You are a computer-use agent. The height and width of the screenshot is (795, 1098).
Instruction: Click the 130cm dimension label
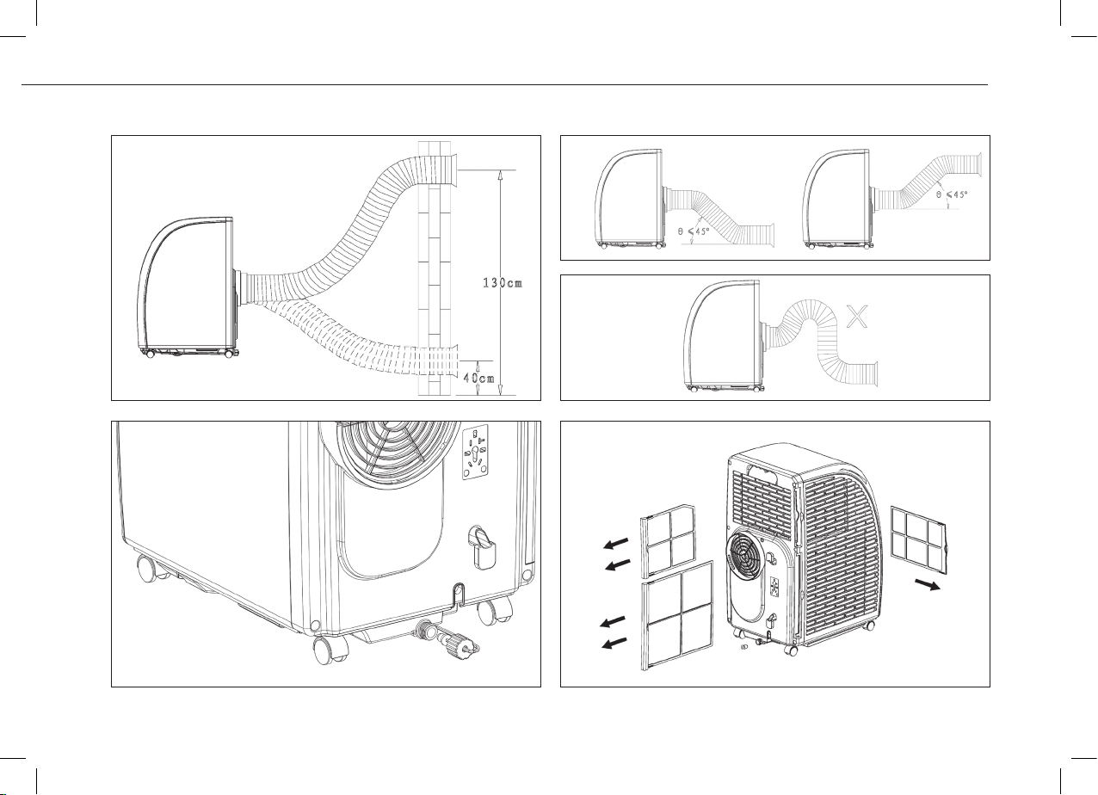pos(503,283)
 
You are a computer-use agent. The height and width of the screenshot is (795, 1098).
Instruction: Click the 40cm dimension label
pos(479,378)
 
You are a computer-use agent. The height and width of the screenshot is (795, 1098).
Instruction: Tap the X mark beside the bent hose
pos(857,316)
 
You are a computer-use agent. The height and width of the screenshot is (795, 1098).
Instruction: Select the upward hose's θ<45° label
pos(952,194)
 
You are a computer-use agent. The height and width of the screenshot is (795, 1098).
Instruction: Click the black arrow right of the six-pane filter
pos(928,584)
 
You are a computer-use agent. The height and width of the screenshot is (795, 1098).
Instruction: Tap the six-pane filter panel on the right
pos(920,540)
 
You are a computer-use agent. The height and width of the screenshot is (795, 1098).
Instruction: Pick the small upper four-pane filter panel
pos(669,540)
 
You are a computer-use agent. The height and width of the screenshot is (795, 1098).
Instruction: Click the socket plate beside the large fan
pos(475,452)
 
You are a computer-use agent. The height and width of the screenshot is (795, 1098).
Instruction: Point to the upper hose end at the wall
pos(453,169)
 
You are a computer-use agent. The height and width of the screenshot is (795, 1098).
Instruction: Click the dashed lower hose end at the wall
pos(453,360)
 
